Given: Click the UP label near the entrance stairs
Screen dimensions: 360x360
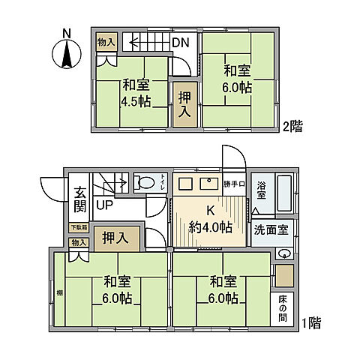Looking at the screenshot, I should point(104,205).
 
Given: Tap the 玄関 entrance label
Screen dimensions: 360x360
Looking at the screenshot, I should point(80,199).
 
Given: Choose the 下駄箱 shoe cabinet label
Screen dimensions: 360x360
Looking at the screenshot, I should point(79,227).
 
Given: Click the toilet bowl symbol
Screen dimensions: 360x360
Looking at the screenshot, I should point(142,182).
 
